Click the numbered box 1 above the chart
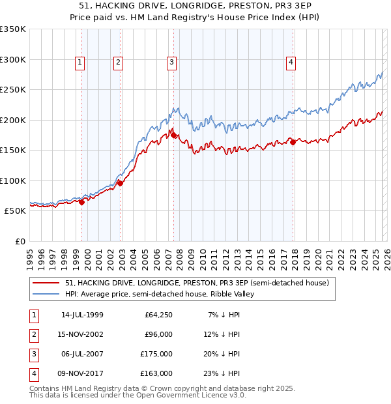(80, 63)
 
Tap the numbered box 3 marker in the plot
(171, 63)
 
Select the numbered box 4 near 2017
(290, 63)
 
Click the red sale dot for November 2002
(121, 183)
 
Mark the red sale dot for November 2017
(293, 143)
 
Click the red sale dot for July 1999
(82, 202)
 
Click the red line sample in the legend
(46, 283)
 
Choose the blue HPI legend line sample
(46, 294)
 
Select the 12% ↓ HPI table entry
(224, 334)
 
